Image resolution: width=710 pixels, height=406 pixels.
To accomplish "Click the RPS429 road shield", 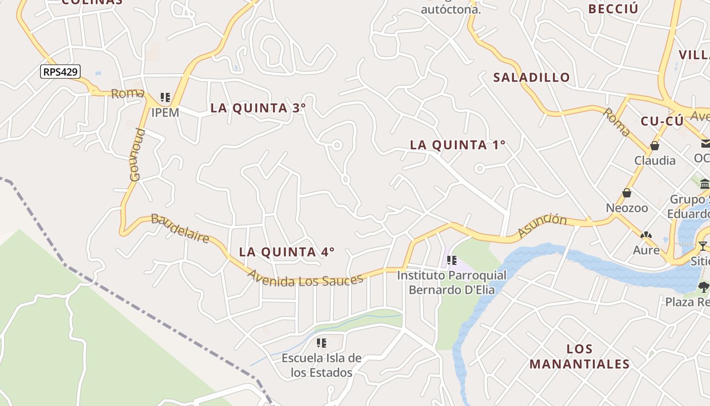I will [60, 72].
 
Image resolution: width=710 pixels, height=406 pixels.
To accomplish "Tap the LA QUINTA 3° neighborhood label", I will [258, 108].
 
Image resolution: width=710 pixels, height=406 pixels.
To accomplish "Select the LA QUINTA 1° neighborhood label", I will [457, 145].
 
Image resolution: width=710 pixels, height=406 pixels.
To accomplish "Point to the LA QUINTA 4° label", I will [287, 252].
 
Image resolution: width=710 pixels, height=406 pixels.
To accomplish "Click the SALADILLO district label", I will [531, 78].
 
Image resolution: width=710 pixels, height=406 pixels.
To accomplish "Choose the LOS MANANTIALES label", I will [579, 356].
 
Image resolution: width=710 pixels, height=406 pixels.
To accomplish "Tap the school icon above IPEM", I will [165, 97].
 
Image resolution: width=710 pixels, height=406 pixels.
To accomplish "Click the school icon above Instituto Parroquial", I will [451, 260].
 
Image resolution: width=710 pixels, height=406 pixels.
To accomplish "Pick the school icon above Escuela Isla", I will [321, 343].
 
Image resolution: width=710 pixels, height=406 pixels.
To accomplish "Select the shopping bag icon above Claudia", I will [655, 146].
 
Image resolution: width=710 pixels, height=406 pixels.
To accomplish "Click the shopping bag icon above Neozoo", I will [627, 193].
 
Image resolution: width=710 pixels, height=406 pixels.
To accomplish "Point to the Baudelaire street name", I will [180, 228].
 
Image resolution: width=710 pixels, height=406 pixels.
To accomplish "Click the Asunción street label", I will [542, 225].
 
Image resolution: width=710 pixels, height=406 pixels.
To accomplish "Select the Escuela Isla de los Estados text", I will [322, 365].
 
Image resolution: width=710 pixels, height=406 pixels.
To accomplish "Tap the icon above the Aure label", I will [646, 235].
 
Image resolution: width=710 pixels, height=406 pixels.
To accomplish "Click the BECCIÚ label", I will [613, 9].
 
